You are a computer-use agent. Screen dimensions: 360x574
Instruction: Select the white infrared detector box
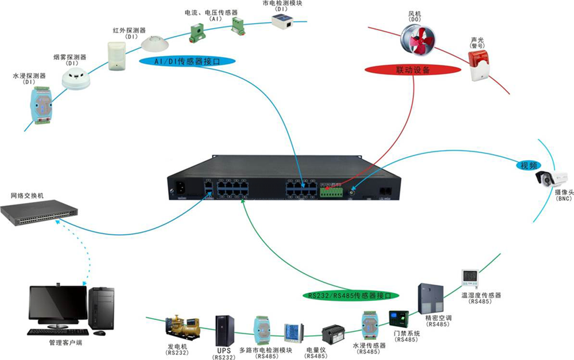point(117,56)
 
